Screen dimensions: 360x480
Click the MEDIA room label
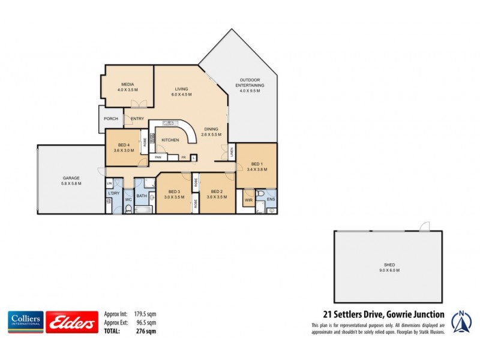(127, 85)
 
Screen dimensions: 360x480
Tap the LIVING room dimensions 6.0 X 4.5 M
(181, 94)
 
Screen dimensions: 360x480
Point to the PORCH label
(111, 119)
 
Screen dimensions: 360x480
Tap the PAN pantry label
(158, 157)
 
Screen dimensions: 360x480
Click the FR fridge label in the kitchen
(184, 157)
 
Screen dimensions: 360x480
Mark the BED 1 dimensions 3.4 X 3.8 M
(257, 170)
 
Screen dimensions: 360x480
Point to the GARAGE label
(71, 178)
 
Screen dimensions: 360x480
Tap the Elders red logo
(72, 323)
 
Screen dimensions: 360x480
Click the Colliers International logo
(25, 322)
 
